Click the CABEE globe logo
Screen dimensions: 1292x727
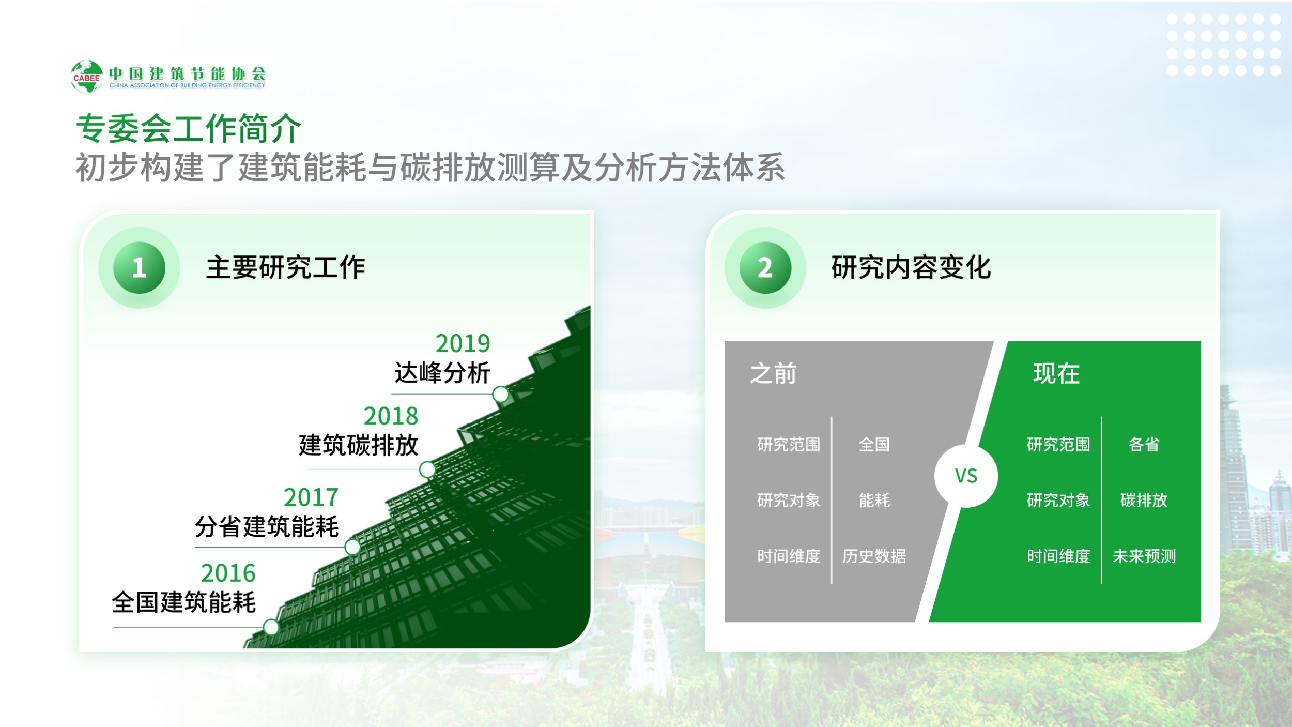tap(87, 77)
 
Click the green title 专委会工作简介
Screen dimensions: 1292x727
tap(189, 128)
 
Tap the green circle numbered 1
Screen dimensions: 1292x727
tap(139, 268)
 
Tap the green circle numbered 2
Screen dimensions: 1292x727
tap(765, 268)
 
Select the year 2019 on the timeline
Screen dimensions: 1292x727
tap(463, 343)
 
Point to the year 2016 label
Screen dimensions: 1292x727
tap(228, 573)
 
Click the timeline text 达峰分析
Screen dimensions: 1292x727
tap(442, 373)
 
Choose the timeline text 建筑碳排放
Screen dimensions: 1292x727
tap(359, 445)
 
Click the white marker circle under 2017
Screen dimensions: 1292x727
tap(352, 547)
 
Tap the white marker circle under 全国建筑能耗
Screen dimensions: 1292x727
tap(271, 627)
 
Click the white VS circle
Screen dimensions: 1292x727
tap(966, 476)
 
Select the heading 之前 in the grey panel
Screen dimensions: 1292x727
tap(773, 373)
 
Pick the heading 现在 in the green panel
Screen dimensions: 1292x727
tap(1056, 373)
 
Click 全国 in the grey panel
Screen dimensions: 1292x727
tap(874, 444)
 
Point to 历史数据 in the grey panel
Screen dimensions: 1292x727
tap(874, 556)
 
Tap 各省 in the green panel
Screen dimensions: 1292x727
tap(1144, 444)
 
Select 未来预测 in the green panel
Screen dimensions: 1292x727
tap(1144, 556)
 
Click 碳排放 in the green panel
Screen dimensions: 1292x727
tap(1144, 500)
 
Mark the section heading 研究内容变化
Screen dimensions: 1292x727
tap(911, 267)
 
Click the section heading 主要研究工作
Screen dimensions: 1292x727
tap(286, 267)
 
